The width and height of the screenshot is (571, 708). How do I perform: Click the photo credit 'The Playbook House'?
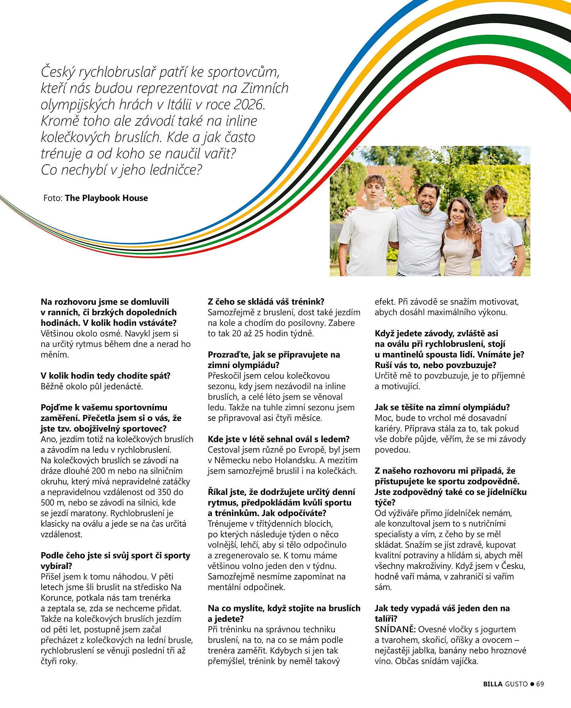pyautogui.click(x=106, y=198)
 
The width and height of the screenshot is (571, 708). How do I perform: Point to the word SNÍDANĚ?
pyautogui.click(x=395, y=629)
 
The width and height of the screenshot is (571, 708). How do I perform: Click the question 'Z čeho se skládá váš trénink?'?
pyautogui.click(x=266, y=302)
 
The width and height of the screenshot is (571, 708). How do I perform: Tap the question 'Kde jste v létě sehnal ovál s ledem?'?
pyautogui.click(x=279, y=439)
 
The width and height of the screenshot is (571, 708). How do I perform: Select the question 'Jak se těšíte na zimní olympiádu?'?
pyautogui.click(x=442, y=407)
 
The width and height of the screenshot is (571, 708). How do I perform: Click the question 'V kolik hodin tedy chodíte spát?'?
pyautogui.click(x=106, y=376)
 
